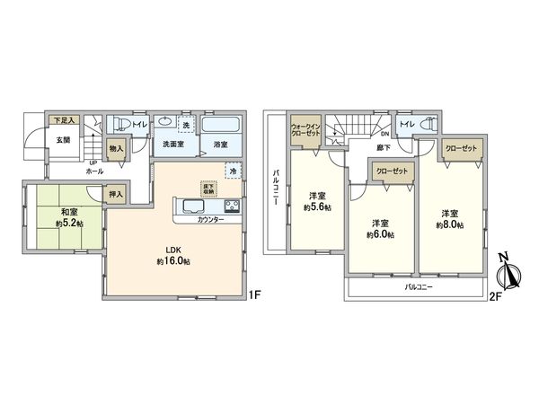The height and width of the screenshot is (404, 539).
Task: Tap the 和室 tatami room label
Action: coord(50,217)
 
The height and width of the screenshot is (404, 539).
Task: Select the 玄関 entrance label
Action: coord(61,139)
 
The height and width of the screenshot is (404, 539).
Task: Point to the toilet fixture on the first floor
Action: coord(118,126)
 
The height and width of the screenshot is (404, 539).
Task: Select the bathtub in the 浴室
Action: coord(219,126)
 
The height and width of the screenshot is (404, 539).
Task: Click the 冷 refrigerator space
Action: coord(233,171)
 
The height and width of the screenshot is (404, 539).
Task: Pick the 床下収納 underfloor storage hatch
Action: coord(207,188)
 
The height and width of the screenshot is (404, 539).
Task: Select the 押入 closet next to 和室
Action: coord(116,192)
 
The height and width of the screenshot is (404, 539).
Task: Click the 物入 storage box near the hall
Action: coord(117,150)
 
